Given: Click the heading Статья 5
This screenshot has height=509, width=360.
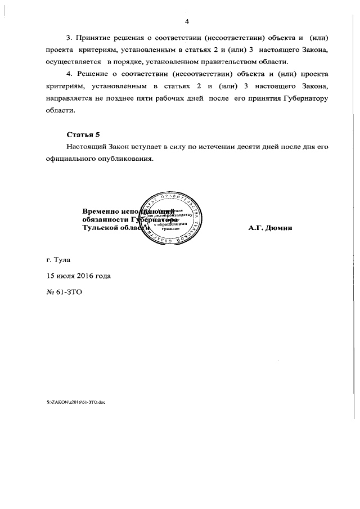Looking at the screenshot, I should coord(83,134).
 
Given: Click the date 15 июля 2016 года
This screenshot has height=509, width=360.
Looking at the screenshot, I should coord(79,276).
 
